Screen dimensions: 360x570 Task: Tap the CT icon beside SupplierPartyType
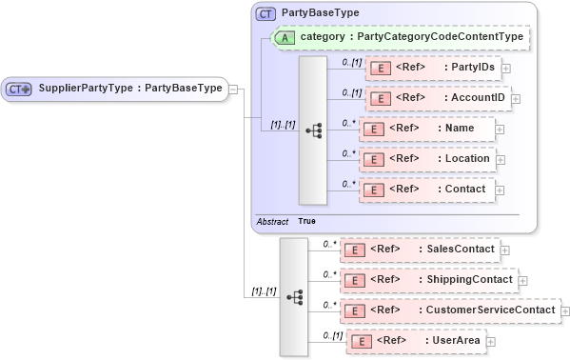pos(19,89)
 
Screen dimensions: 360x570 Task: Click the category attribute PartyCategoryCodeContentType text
pos(411,37)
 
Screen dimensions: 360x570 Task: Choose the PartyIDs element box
pos(433,69)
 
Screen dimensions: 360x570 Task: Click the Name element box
pos(426,129)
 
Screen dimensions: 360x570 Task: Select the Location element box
pos(426,159)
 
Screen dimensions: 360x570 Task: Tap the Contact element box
pos(426,190)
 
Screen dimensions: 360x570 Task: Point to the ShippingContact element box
pos(428,280)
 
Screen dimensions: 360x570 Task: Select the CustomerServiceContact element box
pos(449,310)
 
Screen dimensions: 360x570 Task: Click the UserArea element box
pos(417,340)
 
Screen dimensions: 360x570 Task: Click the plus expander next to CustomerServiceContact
pos(564,311)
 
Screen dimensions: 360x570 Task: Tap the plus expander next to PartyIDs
pos(505,69)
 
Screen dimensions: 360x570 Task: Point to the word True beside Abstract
pos(306,221)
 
